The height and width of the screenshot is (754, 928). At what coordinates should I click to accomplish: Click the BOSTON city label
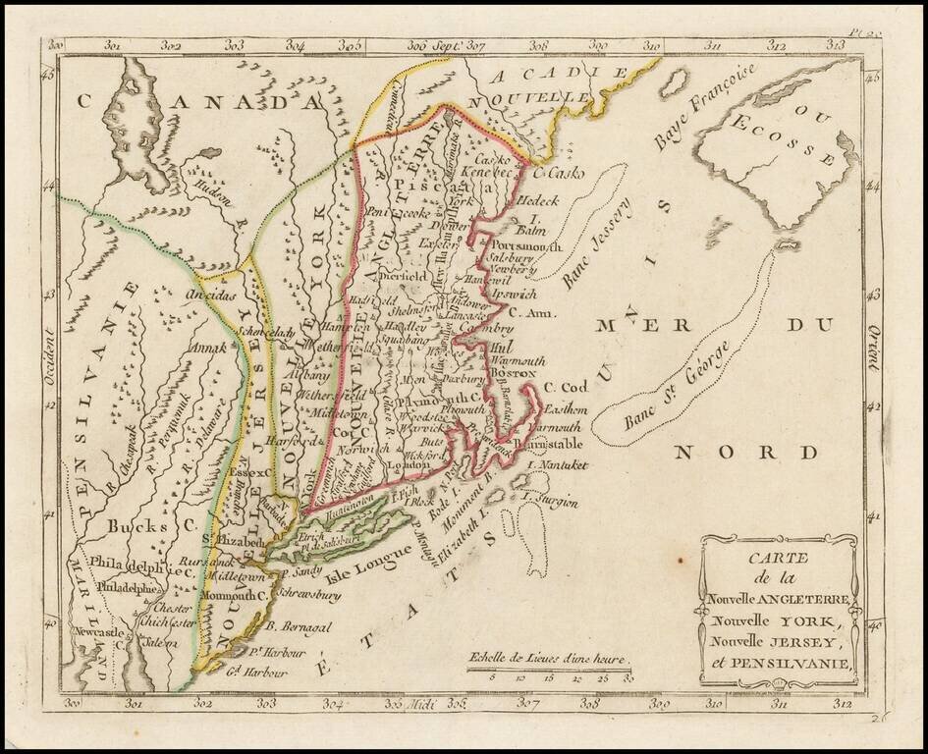coord(513,374)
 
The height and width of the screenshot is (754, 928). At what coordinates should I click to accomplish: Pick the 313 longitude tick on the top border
coord(838,43)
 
